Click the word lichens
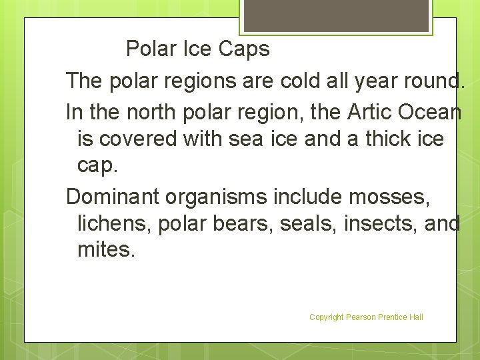[x=115, y=224]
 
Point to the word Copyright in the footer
[x=327, y=317]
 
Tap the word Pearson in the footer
[x=361, y=317]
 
